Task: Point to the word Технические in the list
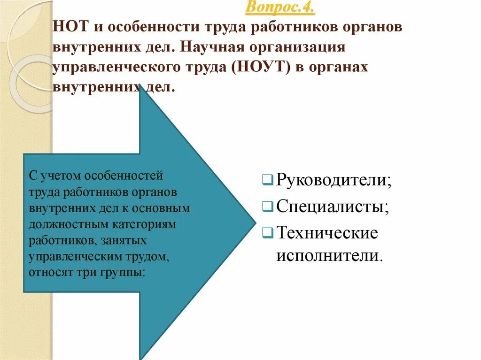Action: coord(327,232)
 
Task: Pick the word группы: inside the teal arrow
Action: coord(127,273)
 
